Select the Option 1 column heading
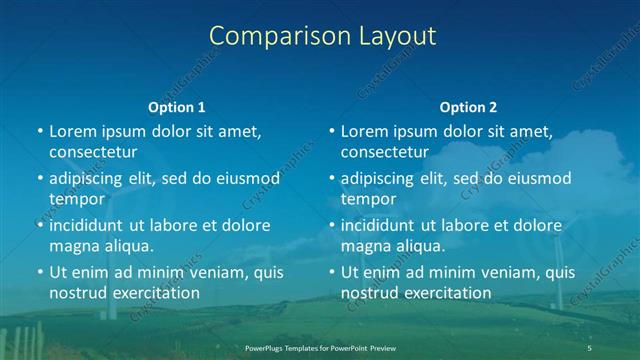click(177, 107)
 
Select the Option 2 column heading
click(468, 107)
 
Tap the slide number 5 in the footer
click(589, 347)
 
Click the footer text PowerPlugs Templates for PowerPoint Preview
click(320, 347)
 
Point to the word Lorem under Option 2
click(364, 131)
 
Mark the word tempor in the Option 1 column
click(77, 199)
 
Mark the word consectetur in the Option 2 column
click(385, 152)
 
